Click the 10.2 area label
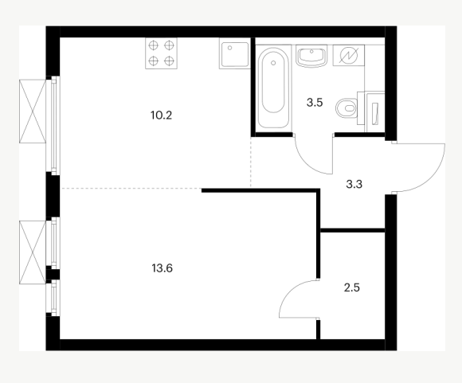tap(161, 115)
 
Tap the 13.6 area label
tap(162, 268)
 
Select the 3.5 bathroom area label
tap(315, 103)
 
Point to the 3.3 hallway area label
tap(354, 185)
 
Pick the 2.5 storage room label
tap(352, 287)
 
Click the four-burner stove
tap(161, 53)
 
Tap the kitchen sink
tap(234, 53)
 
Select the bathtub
tap(273, 87)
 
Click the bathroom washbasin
tap(311, 56)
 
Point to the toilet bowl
tap(346, 108)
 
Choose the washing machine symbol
tap(349, 55)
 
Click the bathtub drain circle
tap(273, 63)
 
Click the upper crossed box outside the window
tap(33, 111)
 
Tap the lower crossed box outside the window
tap(33, 252)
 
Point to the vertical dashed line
tap(251, 162)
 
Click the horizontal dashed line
tap(131, 188)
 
